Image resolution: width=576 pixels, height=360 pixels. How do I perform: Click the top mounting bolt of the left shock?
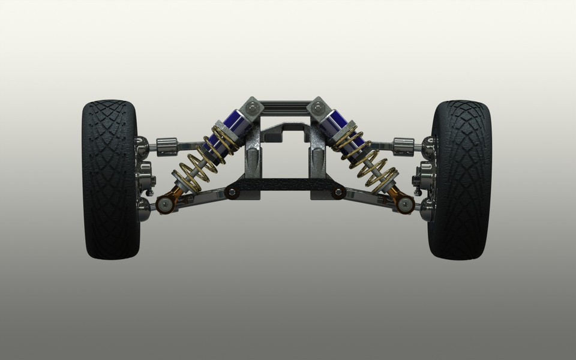253,108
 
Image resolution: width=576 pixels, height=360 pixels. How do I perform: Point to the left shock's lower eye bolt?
166,204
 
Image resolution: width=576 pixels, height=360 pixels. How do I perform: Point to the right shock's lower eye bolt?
406,204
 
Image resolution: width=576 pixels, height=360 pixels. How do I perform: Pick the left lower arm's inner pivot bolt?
231,193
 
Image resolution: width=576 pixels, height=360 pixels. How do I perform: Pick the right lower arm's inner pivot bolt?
338,193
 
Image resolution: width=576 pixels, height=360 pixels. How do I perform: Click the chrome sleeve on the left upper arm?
167,145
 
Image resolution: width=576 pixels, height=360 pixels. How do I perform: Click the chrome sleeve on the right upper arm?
404,145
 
